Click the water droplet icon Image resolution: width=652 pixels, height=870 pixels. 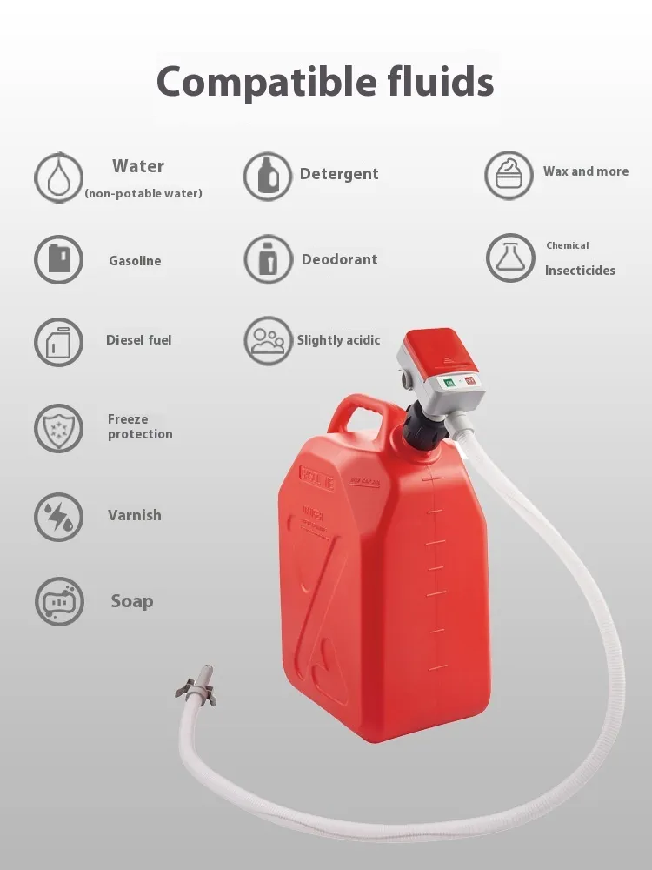(58, 177)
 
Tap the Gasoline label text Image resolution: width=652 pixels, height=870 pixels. (135, 261)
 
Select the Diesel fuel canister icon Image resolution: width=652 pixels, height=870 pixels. (58, 342)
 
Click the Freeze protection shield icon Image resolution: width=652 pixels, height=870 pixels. (58, 428)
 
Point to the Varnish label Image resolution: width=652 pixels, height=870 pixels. (135, 515)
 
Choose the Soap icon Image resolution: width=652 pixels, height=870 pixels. (59, 601)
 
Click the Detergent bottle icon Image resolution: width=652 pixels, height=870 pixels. (268, 177)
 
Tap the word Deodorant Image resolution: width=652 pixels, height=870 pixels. (339, 259)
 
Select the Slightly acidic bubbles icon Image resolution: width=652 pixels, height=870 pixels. (269, 341)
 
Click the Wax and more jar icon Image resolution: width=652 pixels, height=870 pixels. (509, 176)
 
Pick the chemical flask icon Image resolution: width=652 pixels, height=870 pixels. (510, 258)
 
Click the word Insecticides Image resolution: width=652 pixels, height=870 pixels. (580, 271)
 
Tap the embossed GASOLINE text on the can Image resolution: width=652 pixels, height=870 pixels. (317, 477)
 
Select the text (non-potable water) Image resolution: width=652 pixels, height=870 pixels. (143, 194)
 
